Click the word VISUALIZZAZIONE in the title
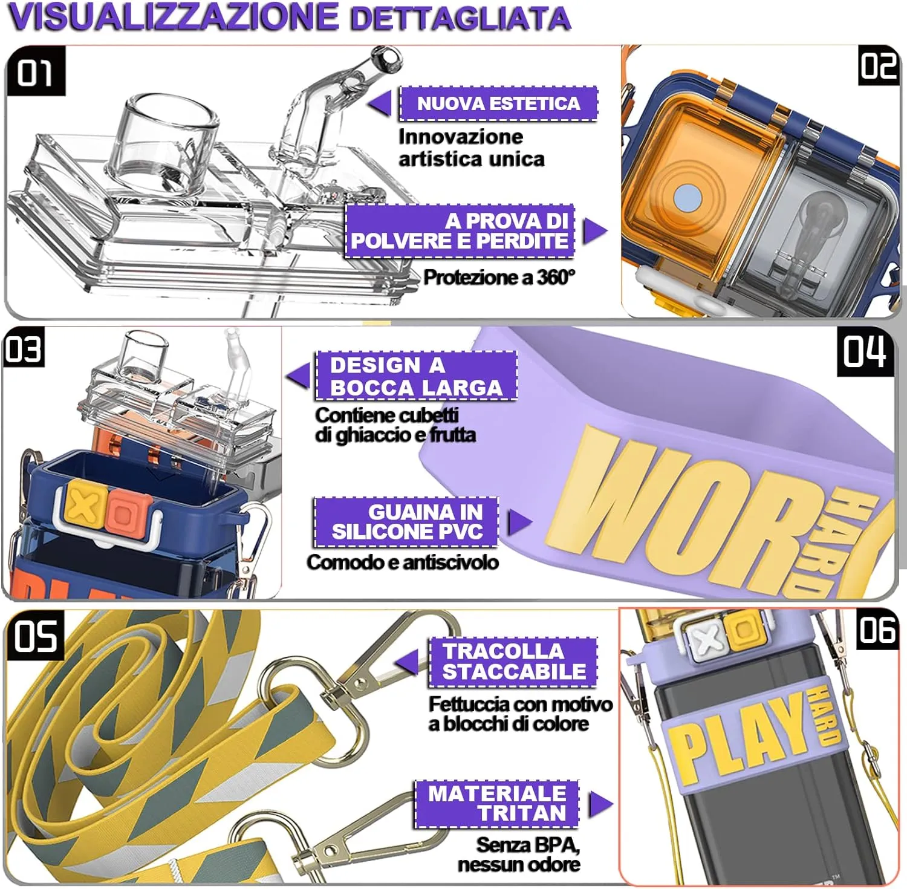(173, 16)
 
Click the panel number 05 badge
(35, 637)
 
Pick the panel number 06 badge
(878, 630)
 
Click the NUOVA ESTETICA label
(498, 103)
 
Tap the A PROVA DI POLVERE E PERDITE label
(460, 231)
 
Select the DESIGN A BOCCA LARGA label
(417, 376)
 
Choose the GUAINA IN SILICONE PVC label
(406, 522)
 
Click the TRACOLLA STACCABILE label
(513, 662)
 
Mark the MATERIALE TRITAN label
(497, 804)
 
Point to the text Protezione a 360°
(499, 277)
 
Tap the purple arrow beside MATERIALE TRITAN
(600, 804)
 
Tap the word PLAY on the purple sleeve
(738, 741)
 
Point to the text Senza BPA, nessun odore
(519, 854)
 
